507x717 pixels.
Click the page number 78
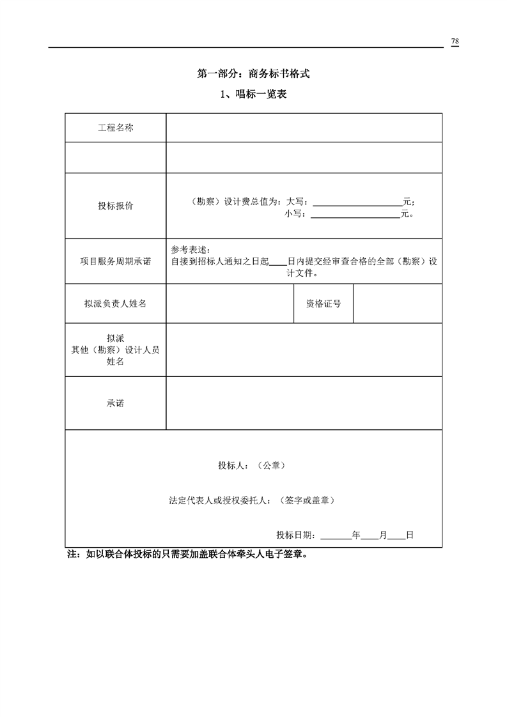point(455,42)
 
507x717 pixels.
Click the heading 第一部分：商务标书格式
point(254,74)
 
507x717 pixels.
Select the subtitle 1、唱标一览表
point(253,95)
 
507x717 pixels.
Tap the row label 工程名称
point(116,128)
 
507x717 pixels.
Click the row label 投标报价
point(116,206)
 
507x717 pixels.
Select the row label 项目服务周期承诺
point(116,261)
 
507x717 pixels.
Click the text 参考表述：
point(191,249)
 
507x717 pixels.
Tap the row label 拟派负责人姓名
point(116,304)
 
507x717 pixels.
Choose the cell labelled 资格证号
point(324,304)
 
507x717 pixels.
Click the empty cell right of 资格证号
point(397,304)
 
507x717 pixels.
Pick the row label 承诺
point(116,403)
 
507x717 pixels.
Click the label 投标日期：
point(298,535)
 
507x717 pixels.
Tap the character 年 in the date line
point(356,535)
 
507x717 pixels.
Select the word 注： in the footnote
point(75,555)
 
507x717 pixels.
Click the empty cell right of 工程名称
point(304,128)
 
